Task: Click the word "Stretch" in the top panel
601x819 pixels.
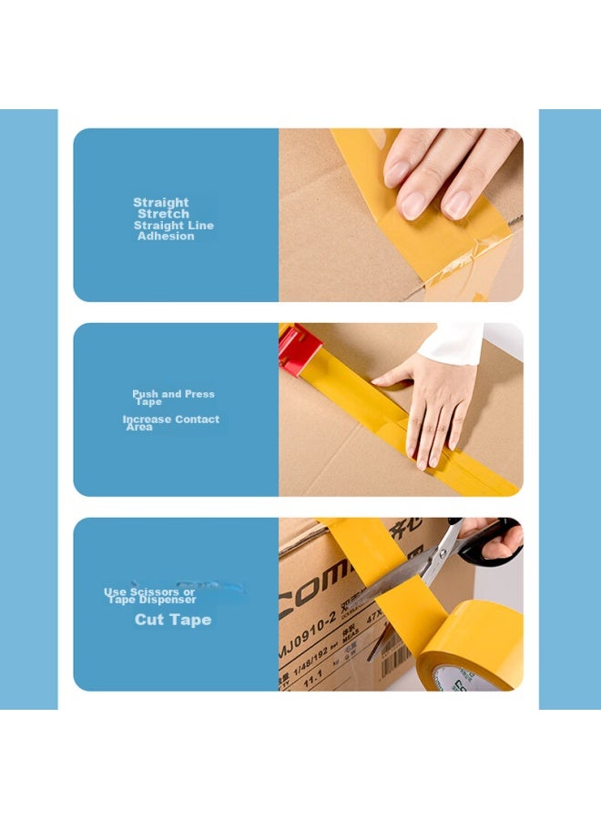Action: click(164, 214)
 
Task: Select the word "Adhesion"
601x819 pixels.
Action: click(166, 236)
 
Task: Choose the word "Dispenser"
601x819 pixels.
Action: click(168, 600)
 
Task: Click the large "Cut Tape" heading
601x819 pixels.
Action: click(173, 620)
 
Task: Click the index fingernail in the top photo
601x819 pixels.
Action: click(398, 172)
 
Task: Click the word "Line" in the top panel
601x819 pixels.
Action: click(199, 225)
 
